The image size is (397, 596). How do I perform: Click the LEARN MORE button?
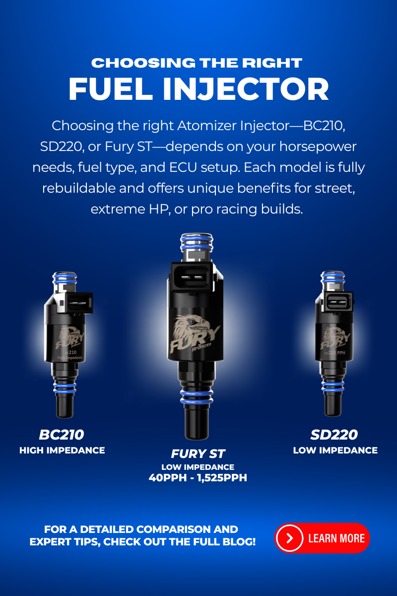pyautogui.click(x=323, y=538)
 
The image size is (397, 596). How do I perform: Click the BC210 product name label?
pyautogui.click(x=62, y=435)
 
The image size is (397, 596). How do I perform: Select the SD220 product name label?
pyautogui.click(x=335, y=435)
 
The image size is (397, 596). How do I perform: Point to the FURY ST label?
pyautogui.click(x=198, y=454)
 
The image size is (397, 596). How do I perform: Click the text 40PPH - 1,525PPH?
pyautogui.click(x=198, y=478)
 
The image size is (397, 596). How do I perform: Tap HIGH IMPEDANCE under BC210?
pyautogui.click(x=62, y=450)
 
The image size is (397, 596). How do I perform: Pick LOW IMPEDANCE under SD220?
pyautogui.click(x=335, y=450)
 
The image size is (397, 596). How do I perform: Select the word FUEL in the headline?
pyautogui.click(x=101, y=89)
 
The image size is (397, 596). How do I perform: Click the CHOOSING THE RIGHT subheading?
pyautogui.click(x=197, y=63)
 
